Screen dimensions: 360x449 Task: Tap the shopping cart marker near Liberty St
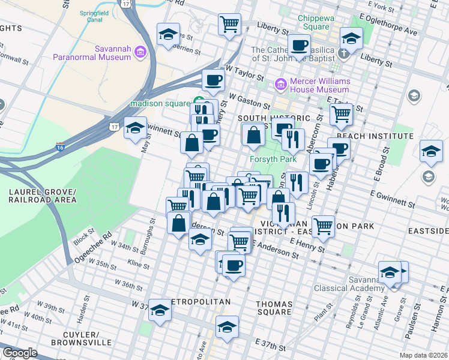(x=229, y=25)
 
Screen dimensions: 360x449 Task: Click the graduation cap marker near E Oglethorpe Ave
(x=351, y=38)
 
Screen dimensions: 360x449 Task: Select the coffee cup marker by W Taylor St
(x=212, y=80)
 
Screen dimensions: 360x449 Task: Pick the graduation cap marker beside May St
(x=136, y=127)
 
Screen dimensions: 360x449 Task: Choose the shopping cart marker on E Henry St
(x=323, y=226)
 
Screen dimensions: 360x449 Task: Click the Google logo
(x=20, y=353)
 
